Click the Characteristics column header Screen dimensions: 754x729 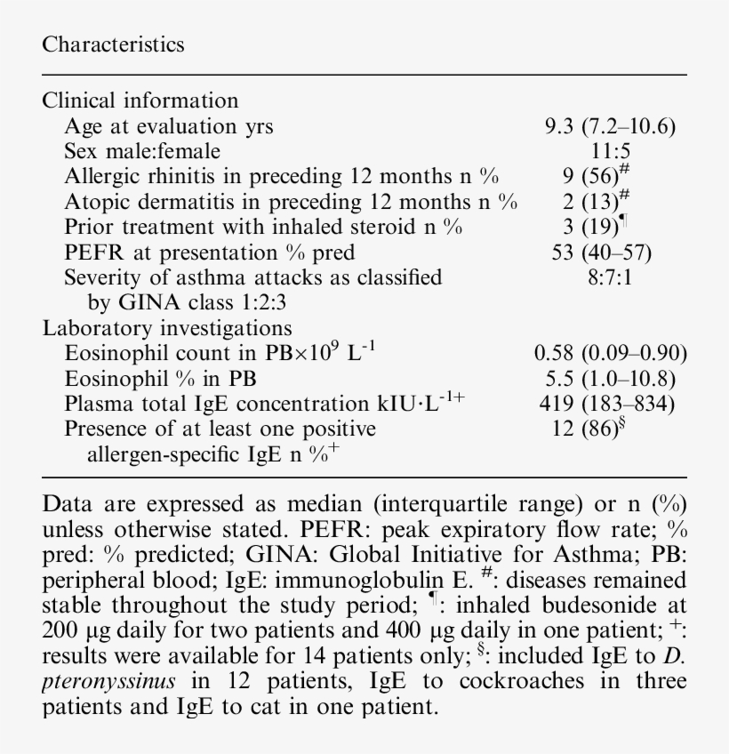(x=113, y=44)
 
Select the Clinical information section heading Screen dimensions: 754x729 (x=140, y=100)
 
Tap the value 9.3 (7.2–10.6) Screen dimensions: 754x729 (x=610, y=126)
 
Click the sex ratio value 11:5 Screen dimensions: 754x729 (x=610, y=151)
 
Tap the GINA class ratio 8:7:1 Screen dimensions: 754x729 (x=610, y=277)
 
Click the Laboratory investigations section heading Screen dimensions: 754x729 (x=167, y=328)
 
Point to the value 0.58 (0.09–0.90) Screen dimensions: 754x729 (x=610, y=353)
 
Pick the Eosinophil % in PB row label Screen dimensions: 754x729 (x=160, y=379)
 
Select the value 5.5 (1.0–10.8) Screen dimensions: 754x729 (x=610, y=379)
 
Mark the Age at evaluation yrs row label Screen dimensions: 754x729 (x=169, y=126)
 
